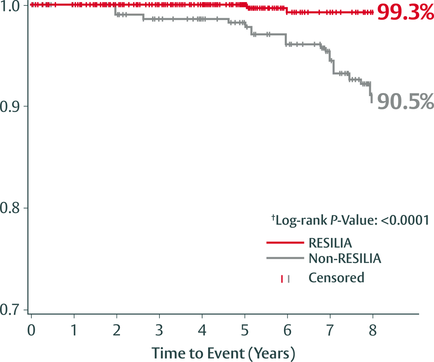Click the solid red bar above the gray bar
(x=287, y=244)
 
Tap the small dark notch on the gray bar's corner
(x=307, y=255)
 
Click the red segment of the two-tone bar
(x=281, y=279)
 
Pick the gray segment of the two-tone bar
(x=297, y=279)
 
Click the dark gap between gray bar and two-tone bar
(x=292, y=267)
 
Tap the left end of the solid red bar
(x=266, y=244)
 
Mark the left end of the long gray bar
(x=266, y=257)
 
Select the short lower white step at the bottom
(x=166, y=360)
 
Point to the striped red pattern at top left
(x=72, y=5)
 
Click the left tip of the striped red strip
(x=31, y=5)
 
